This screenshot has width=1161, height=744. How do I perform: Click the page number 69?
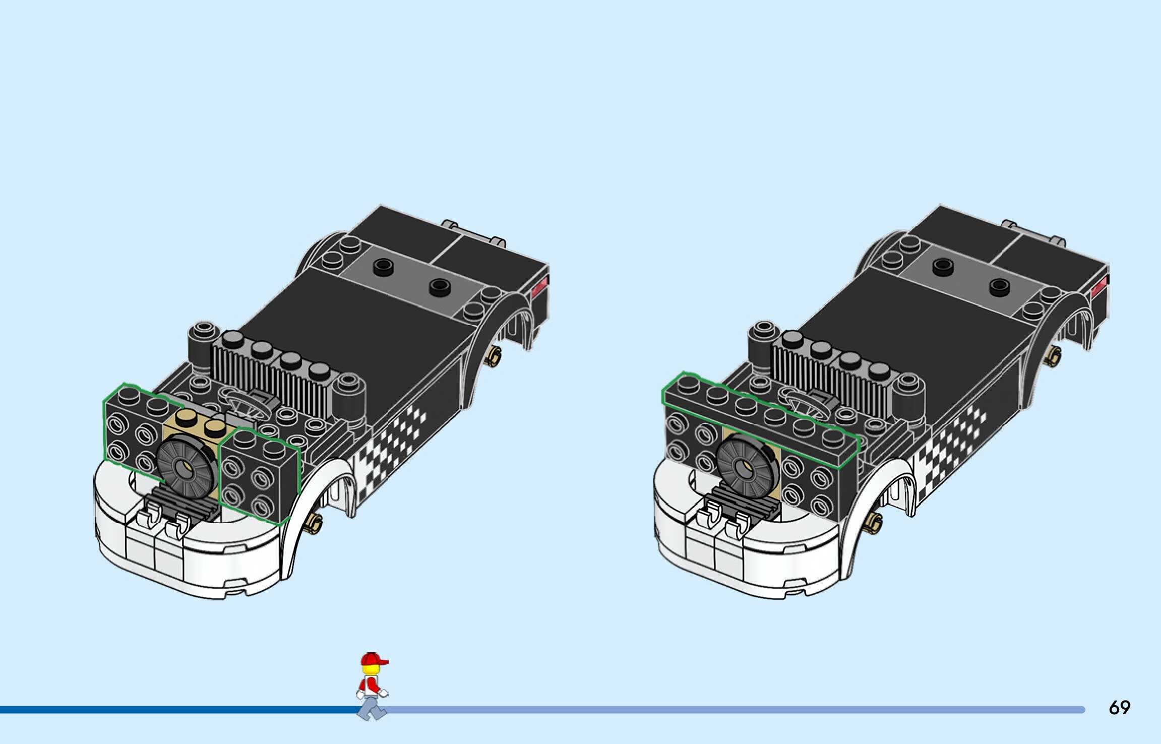coord(1119,708)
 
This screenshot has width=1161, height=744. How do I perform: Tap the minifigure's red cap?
coord(372,659)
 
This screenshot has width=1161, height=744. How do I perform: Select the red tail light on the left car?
coord(540,288)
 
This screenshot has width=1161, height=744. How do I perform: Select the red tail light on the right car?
coord(1099,288)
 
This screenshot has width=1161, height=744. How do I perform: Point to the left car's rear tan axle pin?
coord(494,356)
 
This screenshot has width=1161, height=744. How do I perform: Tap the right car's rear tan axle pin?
coord(1053,356)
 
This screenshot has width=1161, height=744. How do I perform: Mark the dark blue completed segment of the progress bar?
coord(176,710)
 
